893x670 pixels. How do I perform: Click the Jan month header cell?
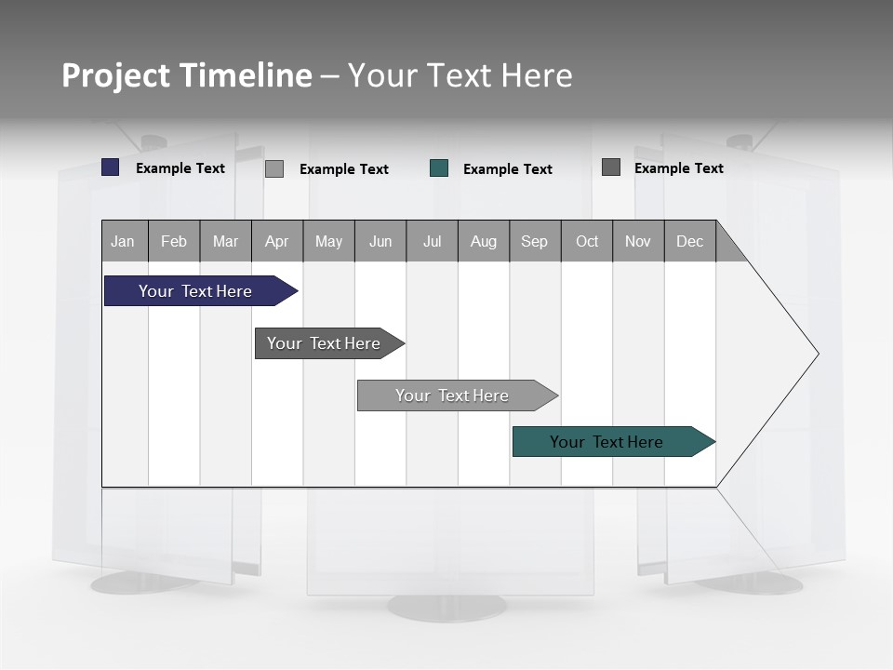click(124, 241)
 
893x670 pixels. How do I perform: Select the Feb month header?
click(174, 241)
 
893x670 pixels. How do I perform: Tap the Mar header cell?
click(225, 241)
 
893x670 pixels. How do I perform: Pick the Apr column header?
click(277, 241)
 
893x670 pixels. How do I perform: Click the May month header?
click(328, 241)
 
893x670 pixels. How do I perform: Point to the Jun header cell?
click(380, 241)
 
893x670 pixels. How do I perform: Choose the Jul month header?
click(432, 241)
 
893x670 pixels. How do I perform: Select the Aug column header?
click(484, 241)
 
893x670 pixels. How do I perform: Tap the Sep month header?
click(535, 241)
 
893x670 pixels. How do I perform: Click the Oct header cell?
click(587, 241)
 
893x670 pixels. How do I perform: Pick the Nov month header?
click(638, 241)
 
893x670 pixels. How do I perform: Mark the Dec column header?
click(690, 241)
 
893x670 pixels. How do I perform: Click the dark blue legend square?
click(111, 167)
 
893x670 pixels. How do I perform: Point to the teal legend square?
click(439, 168)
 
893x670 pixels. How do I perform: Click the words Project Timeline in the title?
click(187, 75)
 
